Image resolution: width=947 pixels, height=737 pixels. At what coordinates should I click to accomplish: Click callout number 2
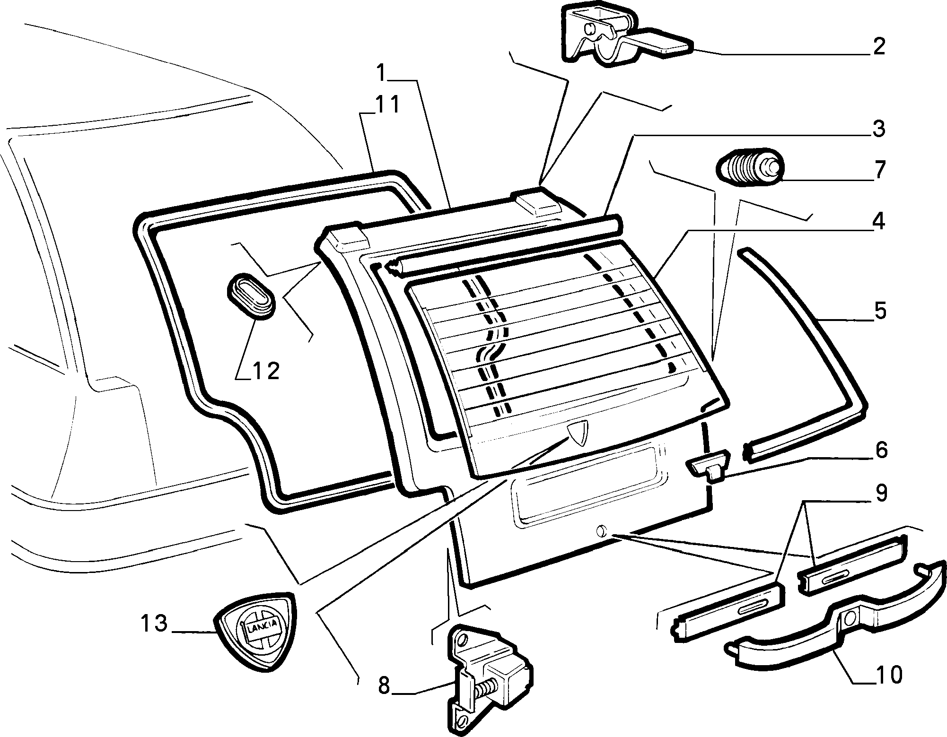(x=878, y=47)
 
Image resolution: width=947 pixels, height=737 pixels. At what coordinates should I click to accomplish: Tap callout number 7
(x=879, y=170)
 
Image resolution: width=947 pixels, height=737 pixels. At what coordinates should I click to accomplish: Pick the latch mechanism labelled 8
(x=490, y=680)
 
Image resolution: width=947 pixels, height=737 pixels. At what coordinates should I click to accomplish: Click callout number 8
(x=384, y=685)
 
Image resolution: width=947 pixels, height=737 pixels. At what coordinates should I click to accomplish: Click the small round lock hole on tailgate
(x=601, y=530)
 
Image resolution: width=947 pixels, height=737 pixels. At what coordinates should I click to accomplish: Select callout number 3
(x=878, y=129)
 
